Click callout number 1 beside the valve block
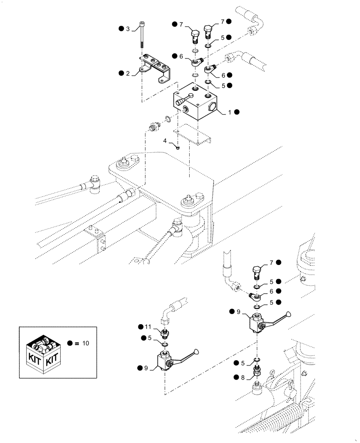(x=229, y=113)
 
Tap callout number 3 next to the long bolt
(x=128, y=29)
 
